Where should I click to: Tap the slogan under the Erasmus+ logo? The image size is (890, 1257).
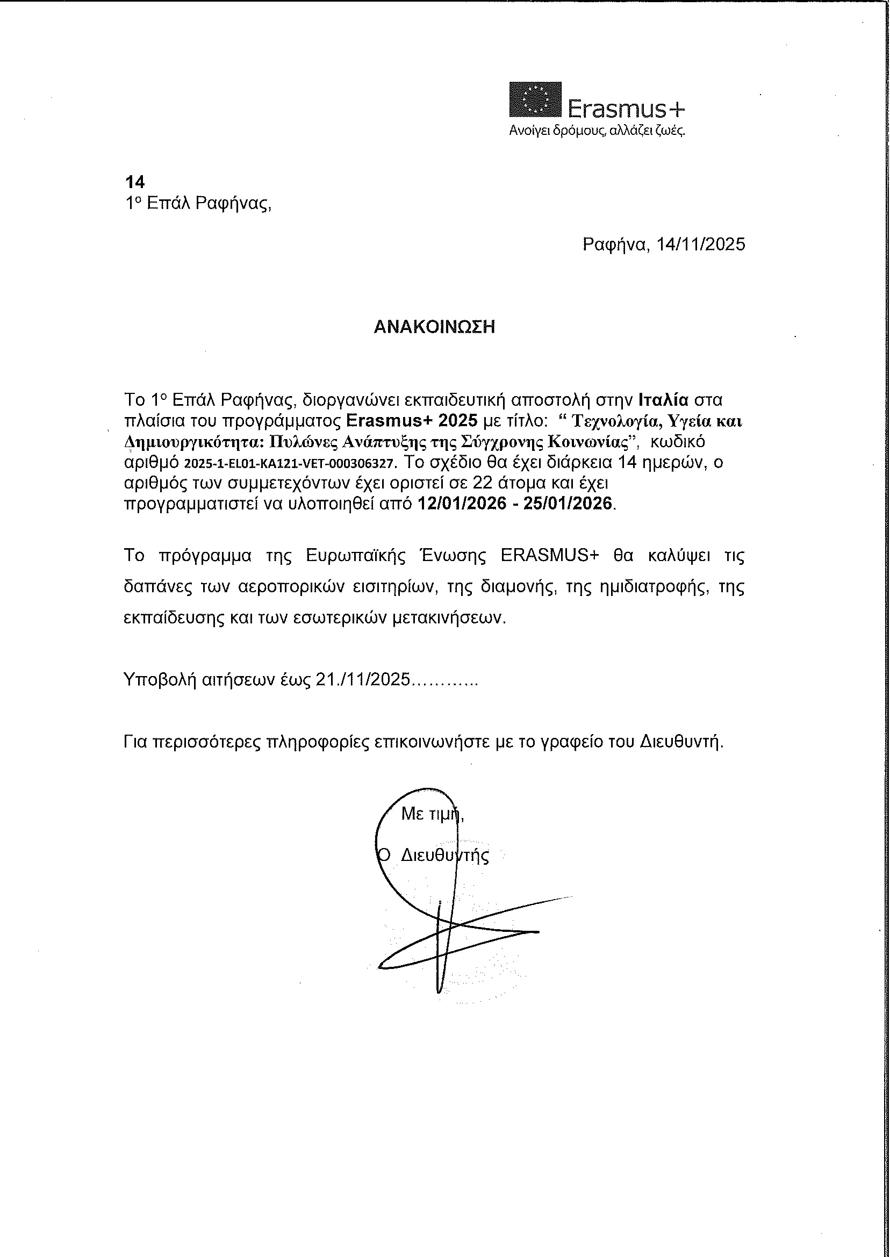(597, 132)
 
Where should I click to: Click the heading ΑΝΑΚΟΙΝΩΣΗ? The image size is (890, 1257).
(435, 327)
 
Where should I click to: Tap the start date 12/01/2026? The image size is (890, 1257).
(462, 504)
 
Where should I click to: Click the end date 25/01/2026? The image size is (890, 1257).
(568, 504)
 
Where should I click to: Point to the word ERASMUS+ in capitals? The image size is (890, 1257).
(550, 556)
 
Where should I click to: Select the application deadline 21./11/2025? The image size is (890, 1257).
(363, 680)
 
